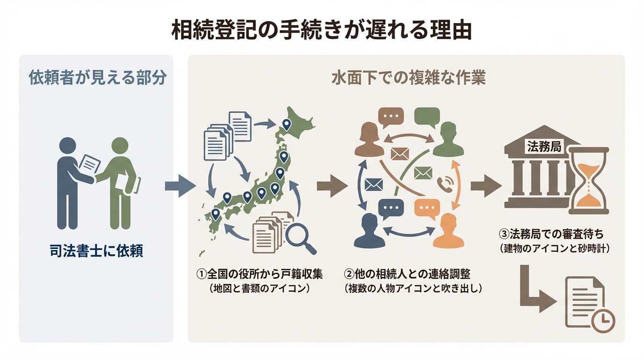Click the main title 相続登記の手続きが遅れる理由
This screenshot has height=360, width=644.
pos(322,30)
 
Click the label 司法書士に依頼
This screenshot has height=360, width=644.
pos(96,252)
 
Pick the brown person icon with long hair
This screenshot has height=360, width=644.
pos(369,140)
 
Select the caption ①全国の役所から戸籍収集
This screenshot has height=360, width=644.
pos(260,274)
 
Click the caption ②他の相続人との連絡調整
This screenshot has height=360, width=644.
pos(413,274)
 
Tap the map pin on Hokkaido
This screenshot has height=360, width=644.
pos(286,124)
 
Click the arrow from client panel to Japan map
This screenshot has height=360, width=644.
pos(180,186)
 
